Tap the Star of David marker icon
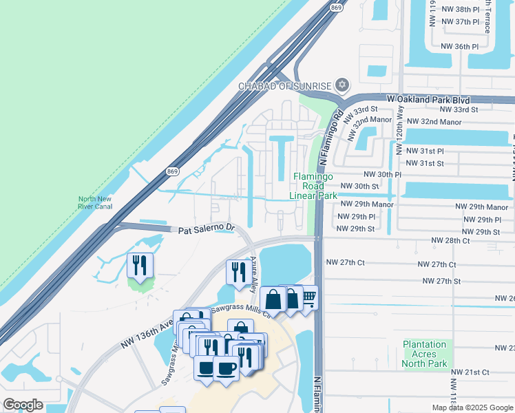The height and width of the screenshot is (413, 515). click(342, 85)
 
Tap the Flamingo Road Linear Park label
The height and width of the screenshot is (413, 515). click(314, 186)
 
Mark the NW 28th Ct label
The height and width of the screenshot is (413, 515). click(450, 241)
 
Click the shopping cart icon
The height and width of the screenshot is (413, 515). click(307, 297)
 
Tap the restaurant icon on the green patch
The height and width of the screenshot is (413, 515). click(139, 264)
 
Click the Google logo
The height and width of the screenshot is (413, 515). click(23, 405)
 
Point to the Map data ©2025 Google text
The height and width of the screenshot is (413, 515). click(471, 407)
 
